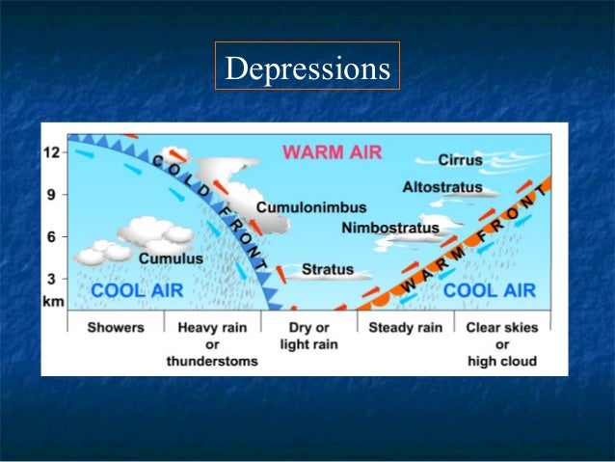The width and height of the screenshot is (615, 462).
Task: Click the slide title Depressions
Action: (307, 68)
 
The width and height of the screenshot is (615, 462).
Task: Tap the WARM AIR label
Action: (333, 151)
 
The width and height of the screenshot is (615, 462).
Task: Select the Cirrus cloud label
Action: (461, 159)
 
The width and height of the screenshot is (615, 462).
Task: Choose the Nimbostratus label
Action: (390, 229)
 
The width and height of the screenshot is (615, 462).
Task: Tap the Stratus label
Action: (328, 269)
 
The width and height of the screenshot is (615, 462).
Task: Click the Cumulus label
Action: (171, 258)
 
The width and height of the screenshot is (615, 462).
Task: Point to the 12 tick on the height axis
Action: (53, 152)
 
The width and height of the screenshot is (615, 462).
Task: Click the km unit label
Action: (54, 300)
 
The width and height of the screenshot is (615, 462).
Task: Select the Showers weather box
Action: (116, 327)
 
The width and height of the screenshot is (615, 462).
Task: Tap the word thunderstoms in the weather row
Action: (213, 362)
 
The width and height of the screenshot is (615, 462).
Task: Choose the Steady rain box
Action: (405, 327)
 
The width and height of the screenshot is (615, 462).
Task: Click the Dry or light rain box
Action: (308, 336)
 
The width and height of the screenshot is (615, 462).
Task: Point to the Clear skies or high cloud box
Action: (501, 344)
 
